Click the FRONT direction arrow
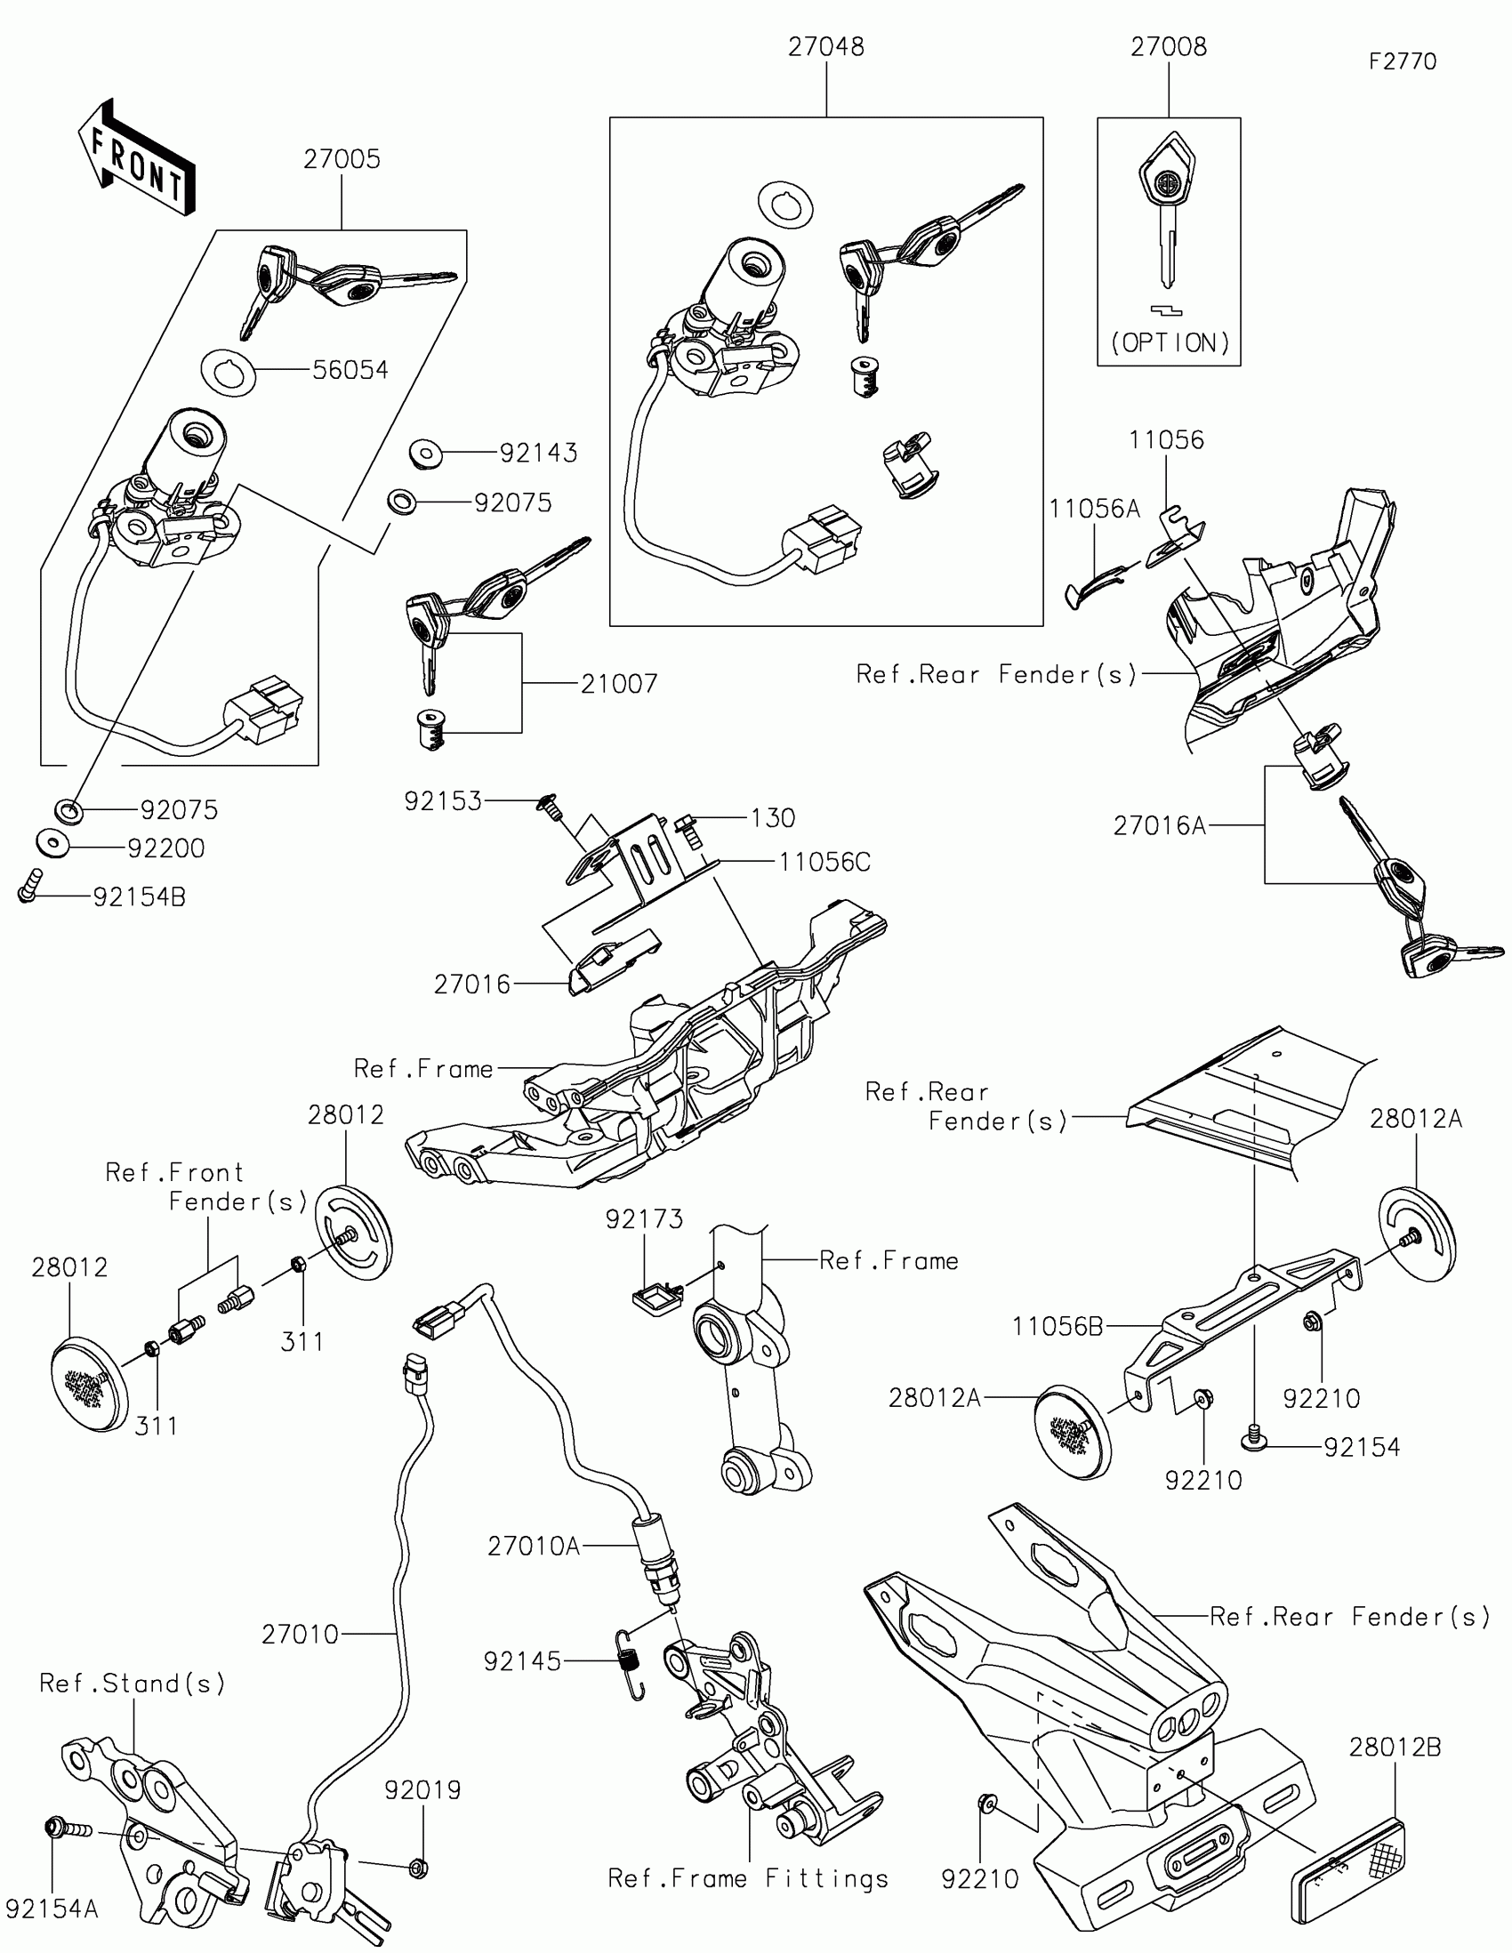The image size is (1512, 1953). point(137,159)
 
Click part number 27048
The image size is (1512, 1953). point(825,47)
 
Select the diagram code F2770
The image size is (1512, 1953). point(1402,61)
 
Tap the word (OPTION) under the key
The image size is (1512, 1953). point(1170,343)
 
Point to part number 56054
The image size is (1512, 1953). point(350,370)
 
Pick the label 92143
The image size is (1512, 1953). point(537,454)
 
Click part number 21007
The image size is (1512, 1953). point(619,684)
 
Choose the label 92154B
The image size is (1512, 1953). point(140,897)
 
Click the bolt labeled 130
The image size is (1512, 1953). point(687,824)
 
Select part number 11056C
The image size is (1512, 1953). point(824,862)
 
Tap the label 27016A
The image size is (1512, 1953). point(1160,825)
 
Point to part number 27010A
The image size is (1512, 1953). point(534,1545)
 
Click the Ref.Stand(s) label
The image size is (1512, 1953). point(133,1684)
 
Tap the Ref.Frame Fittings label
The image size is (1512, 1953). point(747,1878)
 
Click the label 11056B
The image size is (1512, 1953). point(1057,1326)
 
